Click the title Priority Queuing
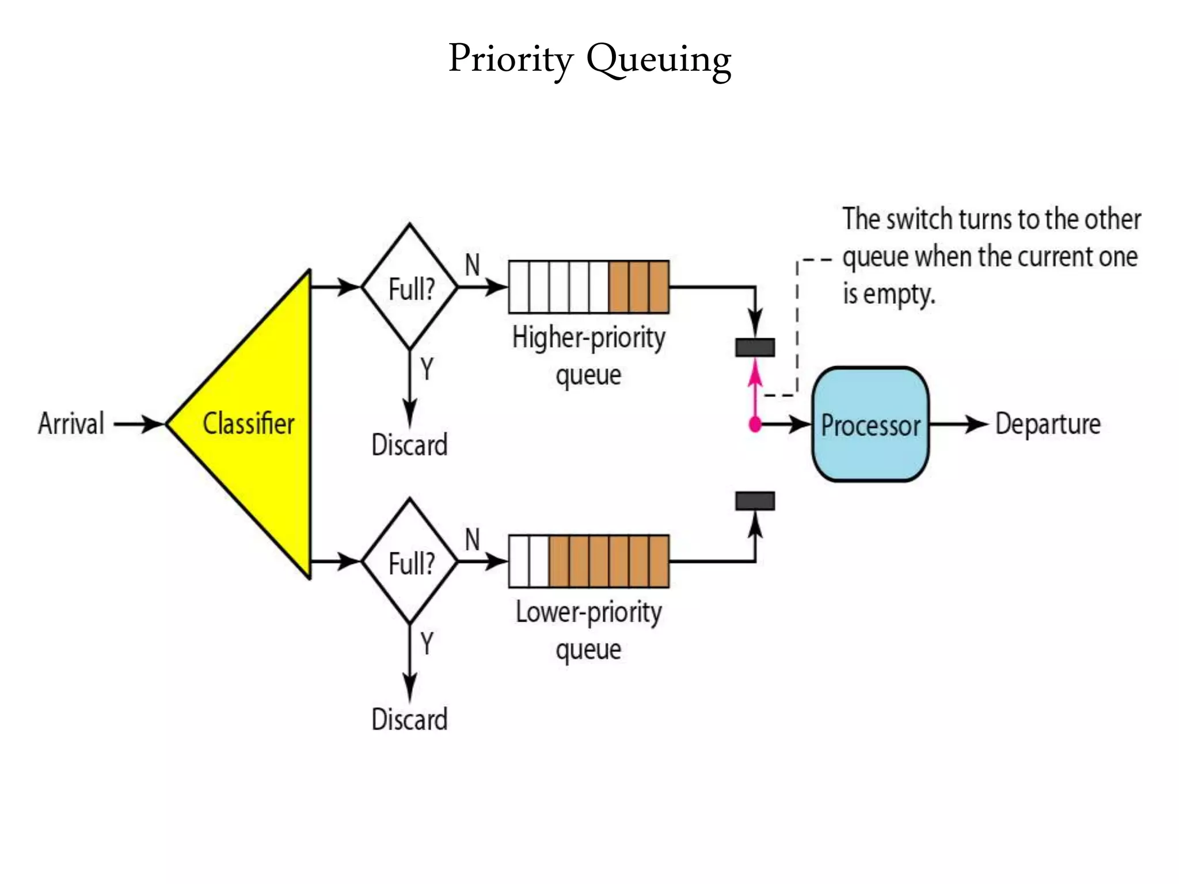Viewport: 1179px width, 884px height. [x=589, y=59]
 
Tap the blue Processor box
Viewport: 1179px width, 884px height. [x=870, y=425]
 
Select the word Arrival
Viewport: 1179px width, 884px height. [x=71, y=424]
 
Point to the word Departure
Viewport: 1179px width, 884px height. [x=1048, y=424]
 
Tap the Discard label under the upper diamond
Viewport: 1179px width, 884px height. [x=409, y=445]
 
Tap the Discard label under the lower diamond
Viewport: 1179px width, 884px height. [x=409, y=719]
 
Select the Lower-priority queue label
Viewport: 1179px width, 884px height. [x=588, y=630]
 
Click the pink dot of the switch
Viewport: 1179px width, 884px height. [x=755, y=425]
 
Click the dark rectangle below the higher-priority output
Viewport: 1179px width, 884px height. [x=755, y=348]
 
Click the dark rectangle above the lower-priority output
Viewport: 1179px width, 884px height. [x=755, y=501]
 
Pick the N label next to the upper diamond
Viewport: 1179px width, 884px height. [x=472, y=265]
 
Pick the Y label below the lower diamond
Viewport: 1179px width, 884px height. [x=427, y=643]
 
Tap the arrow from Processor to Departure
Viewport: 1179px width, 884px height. [x=959, y=424]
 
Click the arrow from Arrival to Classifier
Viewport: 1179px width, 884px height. [x=139, y=424]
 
